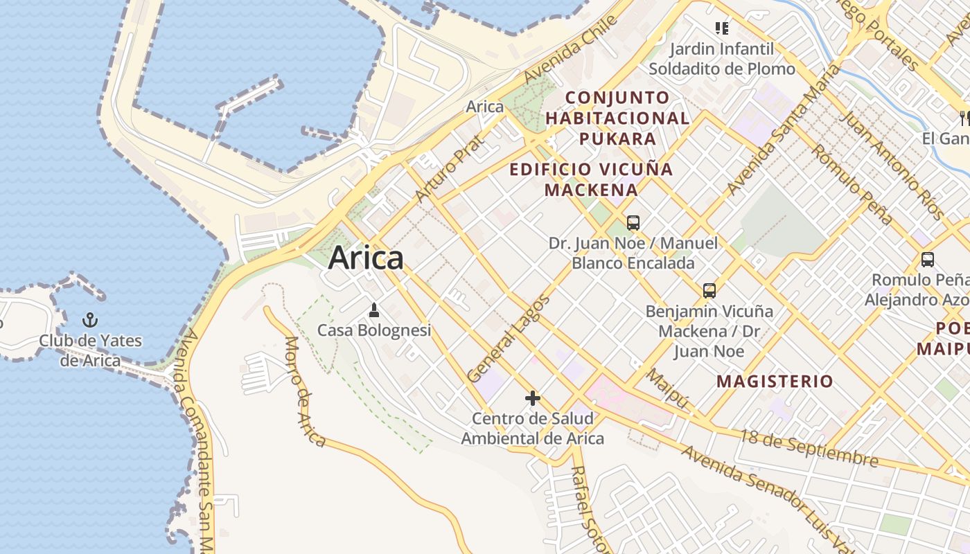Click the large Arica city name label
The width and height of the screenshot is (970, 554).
pyautogui.click(x=365, y=258)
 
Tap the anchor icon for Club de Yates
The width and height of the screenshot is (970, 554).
pyautogui.click(x=89, y=320)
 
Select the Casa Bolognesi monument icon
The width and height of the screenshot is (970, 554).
pyautogui.click(x=374, y=310)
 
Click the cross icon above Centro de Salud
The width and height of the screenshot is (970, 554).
pyautogui.click(x=532, y=398)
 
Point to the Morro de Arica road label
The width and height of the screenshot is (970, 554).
pyautogui.click(x=306, y=391)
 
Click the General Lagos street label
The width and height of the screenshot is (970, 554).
pyautogui.click(x=509, y=339)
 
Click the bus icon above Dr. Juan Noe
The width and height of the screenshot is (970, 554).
pyautogui.click(x=633, y=223)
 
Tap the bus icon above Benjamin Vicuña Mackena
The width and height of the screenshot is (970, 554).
pyautogui.click(x=709, y=291)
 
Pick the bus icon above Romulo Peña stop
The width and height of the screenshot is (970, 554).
pyautogui.click(x=927, y=260)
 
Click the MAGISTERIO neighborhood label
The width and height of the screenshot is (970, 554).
pyautogui.click(x=775, y=381)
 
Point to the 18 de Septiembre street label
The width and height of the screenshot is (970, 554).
pyautogui.click(x=809, y=448)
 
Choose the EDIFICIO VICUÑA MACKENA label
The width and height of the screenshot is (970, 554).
pyautogui.click(x=591, y=179)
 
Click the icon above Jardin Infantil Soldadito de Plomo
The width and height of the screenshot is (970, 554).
pyautogui.click(x=722, y=28)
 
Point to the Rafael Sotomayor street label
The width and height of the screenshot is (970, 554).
pyautogui.click(x=587, y=509)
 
